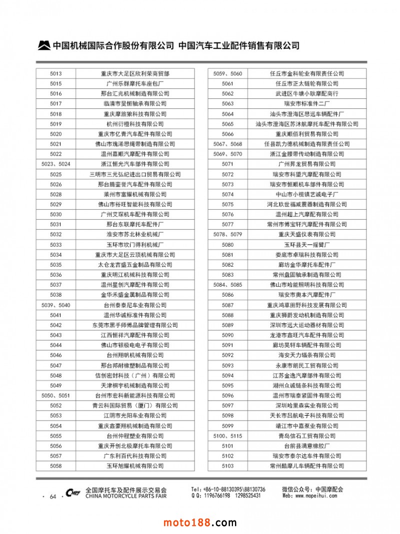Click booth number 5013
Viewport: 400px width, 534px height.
point(56,73)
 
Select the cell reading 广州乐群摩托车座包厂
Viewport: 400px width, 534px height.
point(135,83)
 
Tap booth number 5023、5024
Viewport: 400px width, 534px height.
point(56,164)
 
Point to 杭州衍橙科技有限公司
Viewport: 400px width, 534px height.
point(135,124)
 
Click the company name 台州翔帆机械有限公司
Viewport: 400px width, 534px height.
point(135,355)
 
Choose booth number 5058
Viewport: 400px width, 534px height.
point(56,466)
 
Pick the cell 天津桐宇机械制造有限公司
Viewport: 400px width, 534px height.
point(135,385)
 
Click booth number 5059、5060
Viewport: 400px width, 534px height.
point(227,73)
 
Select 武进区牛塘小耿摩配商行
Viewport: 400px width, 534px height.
point(307,93)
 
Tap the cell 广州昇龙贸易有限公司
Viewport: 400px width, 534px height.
point(307,164)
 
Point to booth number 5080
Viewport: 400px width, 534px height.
point(227,244)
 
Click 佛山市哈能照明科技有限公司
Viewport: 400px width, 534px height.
point(307,285)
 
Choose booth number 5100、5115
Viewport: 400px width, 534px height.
point(227,436)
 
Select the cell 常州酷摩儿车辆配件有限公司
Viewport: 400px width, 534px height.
point(307,466)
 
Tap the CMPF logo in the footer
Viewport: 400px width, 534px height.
point(73,493)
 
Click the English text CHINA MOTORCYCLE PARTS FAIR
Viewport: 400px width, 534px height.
point(126,497)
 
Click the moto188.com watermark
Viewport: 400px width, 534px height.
point(200,523)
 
